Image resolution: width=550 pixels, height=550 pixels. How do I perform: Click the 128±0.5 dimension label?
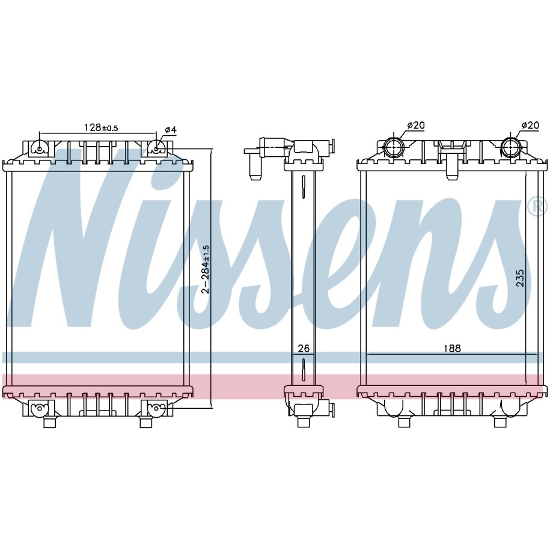tap(101, 127)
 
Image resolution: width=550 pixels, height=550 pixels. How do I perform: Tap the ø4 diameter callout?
tap(171, 130)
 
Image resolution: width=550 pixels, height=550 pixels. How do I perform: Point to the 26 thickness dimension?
tap(304, 348)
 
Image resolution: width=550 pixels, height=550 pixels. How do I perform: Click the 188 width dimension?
tap(452, 348)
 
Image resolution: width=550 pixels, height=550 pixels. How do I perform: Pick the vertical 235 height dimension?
tap(520, 278)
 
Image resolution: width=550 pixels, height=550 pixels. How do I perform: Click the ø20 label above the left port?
tap(416, 125)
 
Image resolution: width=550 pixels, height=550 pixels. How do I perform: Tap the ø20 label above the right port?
tap(530, 125)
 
